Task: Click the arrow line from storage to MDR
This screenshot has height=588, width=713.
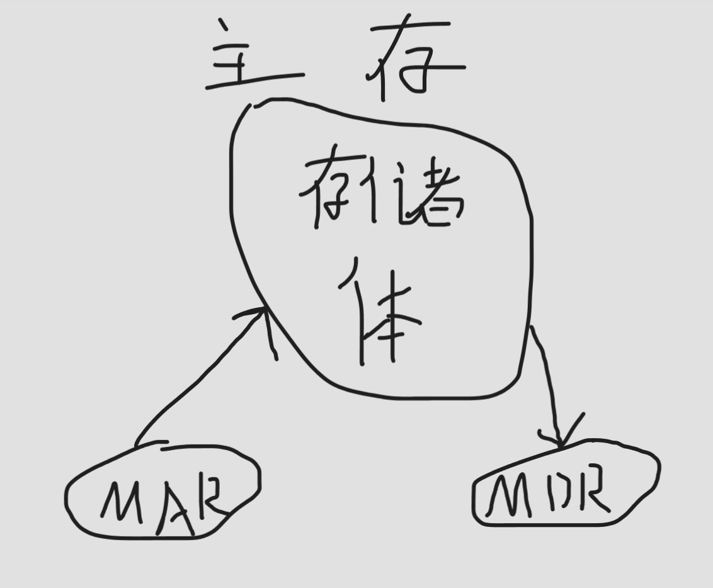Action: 545,378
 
